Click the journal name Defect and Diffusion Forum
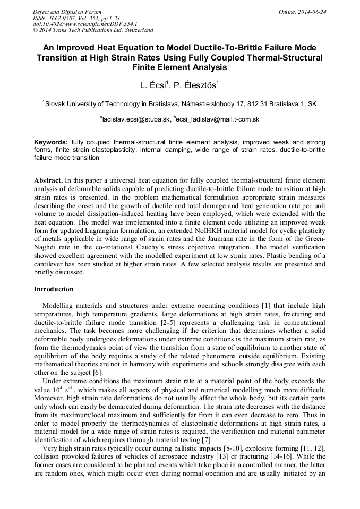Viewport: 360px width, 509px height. pos(66,12)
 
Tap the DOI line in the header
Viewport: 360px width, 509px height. pos(85,24)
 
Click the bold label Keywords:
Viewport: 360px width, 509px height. pos(51,143)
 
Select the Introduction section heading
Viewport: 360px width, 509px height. pos(54,289)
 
